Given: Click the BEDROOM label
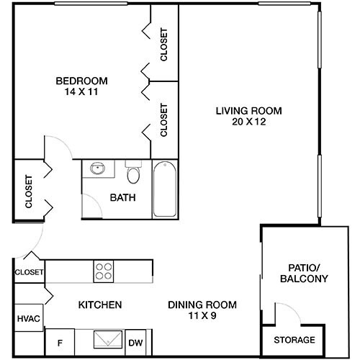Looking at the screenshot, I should coord(81,80).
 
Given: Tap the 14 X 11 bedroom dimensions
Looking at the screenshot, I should coord(81,91).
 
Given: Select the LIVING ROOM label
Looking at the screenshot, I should coord(248,110).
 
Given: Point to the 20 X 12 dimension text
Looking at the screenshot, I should coord(248,122).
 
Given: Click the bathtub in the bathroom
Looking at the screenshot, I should coord(164,189).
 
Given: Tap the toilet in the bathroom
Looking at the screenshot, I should coord(132,175).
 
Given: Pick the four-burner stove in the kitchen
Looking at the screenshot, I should coord(104,271).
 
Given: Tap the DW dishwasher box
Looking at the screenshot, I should coord(135,343).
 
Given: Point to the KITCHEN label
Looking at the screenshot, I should coord(99,305).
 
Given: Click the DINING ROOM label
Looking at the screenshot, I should coord(202,305).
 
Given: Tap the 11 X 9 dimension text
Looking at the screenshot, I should coord(202,316).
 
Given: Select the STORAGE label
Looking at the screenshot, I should coord(294,340).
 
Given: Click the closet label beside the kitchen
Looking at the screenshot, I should coord(29,272).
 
